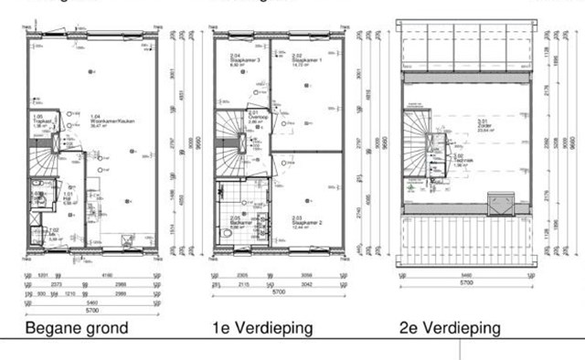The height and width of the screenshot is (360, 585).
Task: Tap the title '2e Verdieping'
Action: [449, 328]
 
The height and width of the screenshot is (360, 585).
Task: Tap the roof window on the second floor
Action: [500, 202]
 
